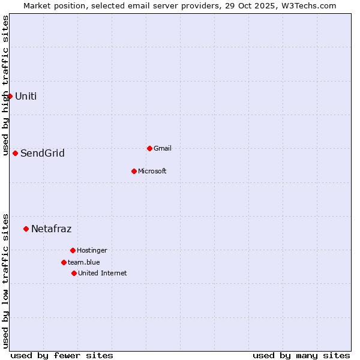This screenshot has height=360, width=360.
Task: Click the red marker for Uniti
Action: tap(10, 96)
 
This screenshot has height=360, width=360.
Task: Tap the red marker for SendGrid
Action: tap(15, 153)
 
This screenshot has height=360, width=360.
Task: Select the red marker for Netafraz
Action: tap(26, 229)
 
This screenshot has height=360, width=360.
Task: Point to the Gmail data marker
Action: tap(149, 148)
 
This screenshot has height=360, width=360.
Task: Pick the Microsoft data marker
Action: tap(134, 171)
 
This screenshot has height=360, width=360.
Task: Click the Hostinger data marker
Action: tap(73, 250)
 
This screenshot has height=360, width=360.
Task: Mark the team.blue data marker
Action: tap(64, 262)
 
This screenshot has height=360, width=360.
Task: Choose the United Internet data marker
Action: tap(74, 273)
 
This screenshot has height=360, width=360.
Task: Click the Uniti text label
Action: tap(26, 96)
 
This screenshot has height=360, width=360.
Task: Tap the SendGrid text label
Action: tap(43, 154)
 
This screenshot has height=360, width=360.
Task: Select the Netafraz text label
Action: tap(52, 229)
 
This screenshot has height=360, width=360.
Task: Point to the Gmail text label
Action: tap(163, 148)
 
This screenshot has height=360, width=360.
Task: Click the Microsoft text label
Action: tap(152, 171)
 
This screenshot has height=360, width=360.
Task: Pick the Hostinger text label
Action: tap(92, 250)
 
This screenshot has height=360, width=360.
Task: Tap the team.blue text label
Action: tap(84, 262)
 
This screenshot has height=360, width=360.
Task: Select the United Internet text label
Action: tap(103, 273)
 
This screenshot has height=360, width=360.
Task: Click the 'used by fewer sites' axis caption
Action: tap(62, 355)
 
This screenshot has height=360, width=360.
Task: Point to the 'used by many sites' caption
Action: tap(301, 355)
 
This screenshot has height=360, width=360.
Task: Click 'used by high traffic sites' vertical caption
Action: tap(5, 86)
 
